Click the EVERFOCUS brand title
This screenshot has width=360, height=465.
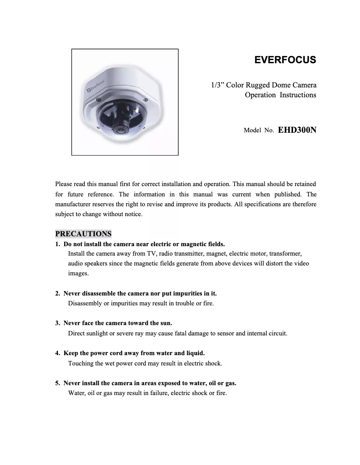tap(285, 60)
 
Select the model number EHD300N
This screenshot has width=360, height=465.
tap(297, 130)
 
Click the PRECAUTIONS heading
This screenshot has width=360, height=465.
tap(83, 234)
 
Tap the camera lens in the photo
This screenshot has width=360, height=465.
tap(120, 130)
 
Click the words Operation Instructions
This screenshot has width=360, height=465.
tap(280, 95)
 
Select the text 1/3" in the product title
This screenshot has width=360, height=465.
tap(218, 85)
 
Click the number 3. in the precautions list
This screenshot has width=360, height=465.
tap(57, 323)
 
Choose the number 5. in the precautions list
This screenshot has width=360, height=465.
tap(57, 383)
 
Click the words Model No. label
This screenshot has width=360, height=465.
tap(259, 131)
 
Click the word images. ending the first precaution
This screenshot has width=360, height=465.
tap(78, 273)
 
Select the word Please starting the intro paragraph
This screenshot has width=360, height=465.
tap(64, 184)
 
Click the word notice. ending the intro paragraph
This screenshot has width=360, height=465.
tap(133, 214)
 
